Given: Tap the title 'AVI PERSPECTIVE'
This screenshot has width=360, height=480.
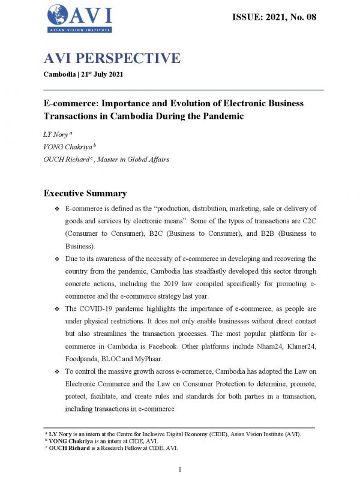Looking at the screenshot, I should click(x=112, y=58).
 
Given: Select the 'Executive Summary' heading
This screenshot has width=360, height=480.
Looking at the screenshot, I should click(x=85, y=193).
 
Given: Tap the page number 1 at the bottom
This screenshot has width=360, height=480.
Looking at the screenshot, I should click(x=180, y=469).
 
